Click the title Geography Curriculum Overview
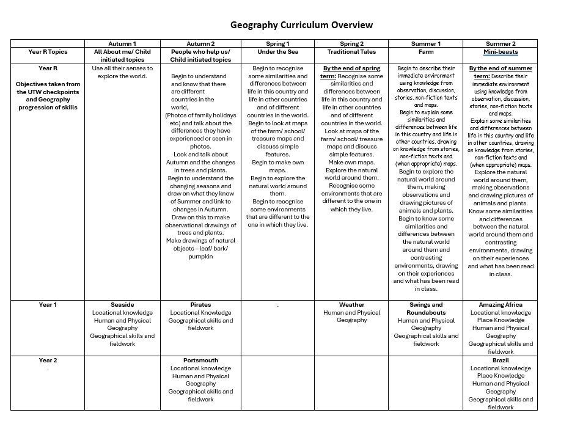coord(301,25)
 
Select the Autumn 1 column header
coord(122,44)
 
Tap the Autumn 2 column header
coord(200,44)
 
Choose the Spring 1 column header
coord(278,44)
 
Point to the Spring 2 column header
coord(351,44)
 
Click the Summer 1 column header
coord(426,44)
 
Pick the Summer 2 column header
coord(501,44)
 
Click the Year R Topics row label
coord(48,52)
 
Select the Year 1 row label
coord(48,305)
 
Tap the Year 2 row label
coord(48,361)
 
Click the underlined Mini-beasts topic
coord(501,52)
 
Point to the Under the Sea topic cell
coord(278,52)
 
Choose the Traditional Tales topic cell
coord(351,52)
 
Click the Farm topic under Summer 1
coord(426,52)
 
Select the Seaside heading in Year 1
coord(122,305)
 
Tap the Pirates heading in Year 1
coord(200,305)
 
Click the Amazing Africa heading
coord(501,305)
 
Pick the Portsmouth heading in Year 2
coord(200,361)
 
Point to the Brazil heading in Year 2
coord(501,361)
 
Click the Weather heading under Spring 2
coord(351,305)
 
